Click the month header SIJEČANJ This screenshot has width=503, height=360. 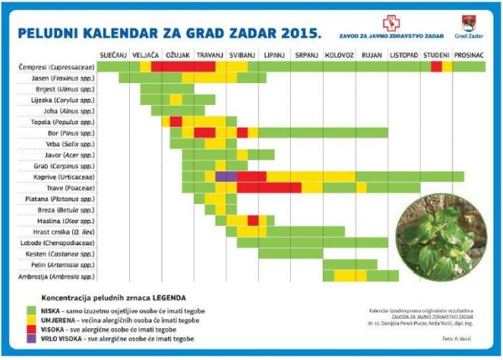(113, 55)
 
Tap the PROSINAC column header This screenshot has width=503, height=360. (469, 55)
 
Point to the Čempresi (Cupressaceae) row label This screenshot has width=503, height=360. (58, 66)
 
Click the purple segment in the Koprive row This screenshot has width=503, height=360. (226, 177)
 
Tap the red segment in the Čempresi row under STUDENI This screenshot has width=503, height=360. (437, 66)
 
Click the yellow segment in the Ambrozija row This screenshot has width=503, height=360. (345, 276)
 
